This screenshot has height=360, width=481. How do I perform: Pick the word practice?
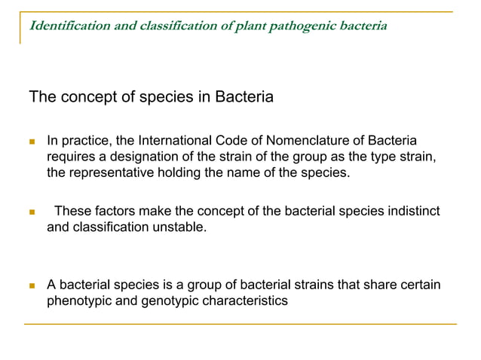click(86, 142)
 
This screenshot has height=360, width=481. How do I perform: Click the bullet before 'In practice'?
click(32, 142)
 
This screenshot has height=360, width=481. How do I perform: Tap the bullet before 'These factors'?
click(32, 212)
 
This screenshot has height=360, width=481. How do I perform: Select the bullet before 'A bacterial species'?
click(32, 286)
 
